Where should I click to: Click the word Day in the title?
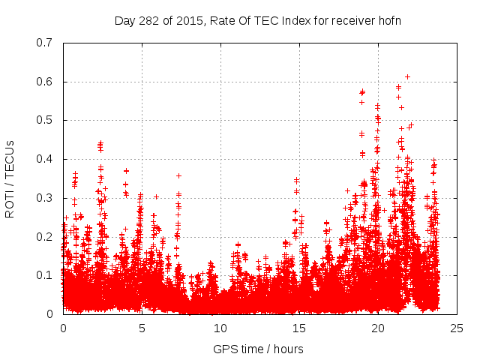[x=124, y=20]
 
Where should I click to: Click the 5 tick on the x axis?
[x=142, y=328]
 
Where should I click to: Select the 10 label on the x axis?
[x=220, y=328]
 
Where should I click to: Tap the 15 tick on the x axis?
[x=298, y=328]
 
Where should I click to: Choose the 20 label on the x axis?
[x=376, y=328]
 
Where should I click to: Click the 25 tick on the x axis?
[x=455, y=328]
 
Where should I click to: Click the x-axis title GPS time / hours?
[x=259, y=349]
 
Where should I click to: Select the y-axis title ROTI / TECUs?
[x=10, y=178]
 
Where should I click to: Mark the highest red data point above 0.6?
[x=407, y=76]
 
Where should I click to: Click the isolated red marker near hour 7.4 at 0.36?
[x=178, y=175]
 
